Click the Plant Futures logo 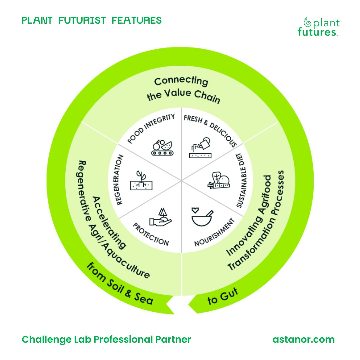coord(319,27)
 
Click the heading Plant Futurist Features coord(92,21)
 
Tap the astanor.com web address coord(303,339)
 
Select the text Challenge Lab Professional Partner coord(106,339)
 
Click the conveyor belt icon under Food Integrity coord(161,148)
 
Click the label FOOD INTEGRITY coord(152,128)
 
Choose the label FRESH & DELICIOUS coord(210,130)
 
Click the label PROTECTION coord(151,234)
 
